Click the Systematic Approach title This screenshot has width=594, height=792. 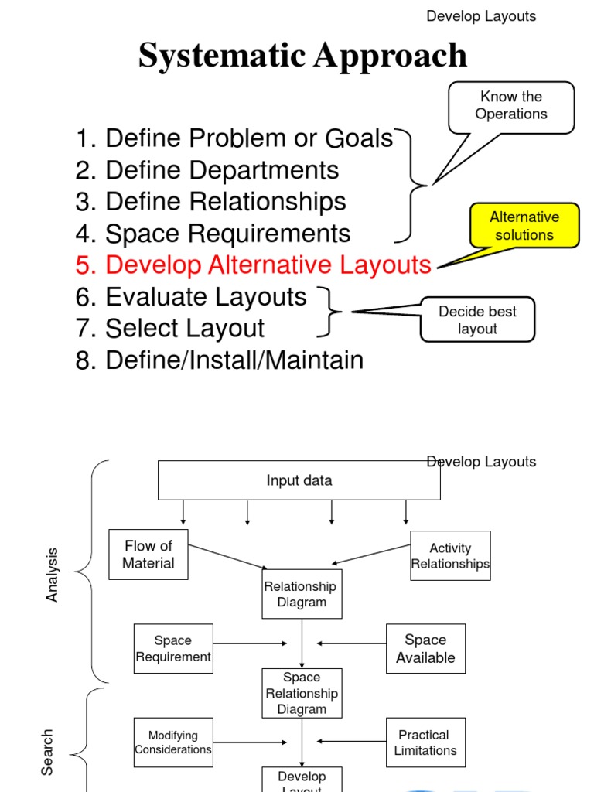pyautogui.click(x=302, y=56)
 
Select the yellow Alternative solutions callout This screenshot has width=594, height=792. pyautogui.click(x=524, y=226)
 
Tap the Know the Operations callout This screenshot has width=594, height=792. pyautogui.click(x=511, y=106)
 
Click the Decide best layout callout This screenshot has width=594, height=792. pyautogui.click(x=477, y=319)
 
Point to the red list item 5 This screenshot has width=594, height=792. pyautogui.click(x=254, y=265)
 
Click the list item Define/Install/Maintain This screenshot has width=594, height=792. pyautogui.click(x=220, y=360)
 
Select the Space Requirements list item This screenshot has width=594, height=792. pyautogui.click(x=213, y=234)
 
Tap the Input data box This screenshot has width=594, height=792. pyautogui.click(x=299, y=480)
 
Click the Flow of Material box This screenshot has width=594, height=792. pyautogui.click(x=148, y=555)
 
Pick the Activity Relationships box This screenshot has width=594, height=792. pyautogui.click(x=450, y=555)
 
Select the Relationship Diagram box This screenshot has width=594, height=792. pyautogui.click(x=302, y=594)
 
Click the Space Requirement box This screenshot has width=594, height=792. pyautogui.click(x=173, y=649)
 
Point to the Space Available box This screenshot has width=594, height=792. pyautogui.click(x=425, y=649)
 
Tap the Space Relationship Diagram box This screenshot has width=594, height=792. pyautogui.click(x=302, y=693)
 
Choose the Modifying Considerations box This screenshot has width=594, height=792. pyautogui.click(x=173, y=742)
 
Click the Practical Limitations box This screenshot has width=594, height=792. pyautogui.click(x=425, y=742)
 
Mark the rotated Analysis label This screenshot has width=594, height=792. pyautogui.click(x=53, y=575)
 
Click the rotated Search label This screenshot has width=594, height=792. pyautogui.click(x=48, y=752)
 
